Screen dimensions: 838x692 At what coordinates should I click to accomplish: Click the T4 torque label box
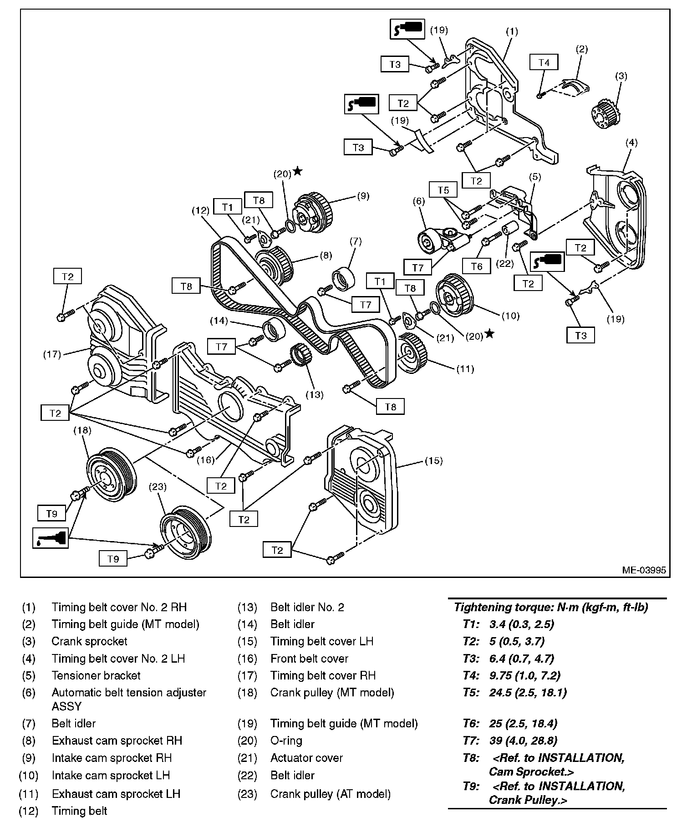coord(544,62)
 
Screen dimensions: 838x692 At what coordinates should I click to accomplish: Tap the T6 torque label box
coord(476,266)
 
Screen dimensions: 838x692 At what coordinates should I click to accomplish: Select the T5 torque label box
coord(443,190)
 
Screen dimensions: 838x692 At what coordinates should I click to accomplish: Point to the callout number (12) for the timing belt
coord(200,210)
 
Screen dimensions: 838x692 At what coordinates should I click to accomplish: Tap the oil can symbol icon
coord(51,538)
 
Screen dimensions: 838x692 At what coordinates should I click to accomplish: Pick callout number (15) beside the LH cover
coord(433,460)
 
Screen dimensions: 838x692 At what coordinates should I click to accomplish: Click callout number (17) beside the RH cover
coord(52,354)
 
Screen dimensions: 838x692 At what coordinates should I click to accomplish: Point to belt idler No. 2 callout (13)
coord(314,394)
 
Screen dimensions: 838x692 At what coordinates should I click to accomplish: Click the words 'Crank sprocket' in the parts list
coord(89,641)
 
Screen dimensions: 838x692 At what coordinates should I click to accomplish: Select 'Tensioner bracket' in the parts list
coord(96,675)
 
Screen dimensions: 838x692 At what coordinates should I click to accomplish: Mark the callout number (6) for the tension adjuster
coord(419,200)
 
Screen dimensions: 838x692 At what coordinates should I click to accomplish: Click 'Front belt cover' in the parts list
coord(309,659)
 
